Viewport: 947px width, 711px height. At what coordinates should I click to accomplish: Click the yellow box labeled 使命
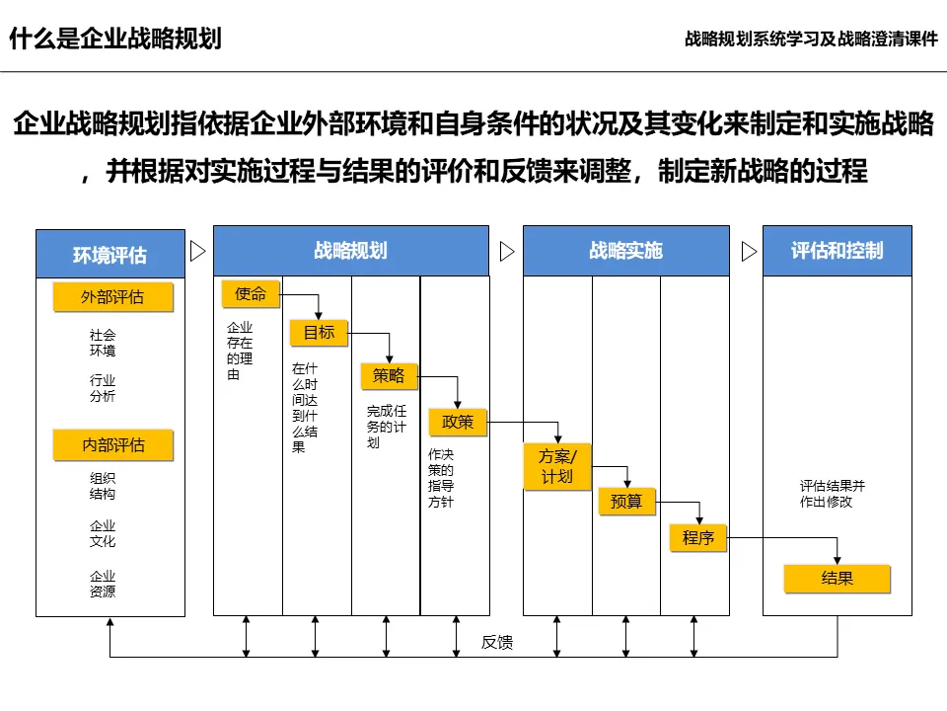[251, 293]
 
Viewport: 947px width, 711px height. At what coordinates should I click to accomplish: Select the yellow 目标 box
[319, 333]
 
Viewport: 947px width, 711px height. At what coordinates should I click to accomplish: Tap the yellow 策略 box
[389, 375]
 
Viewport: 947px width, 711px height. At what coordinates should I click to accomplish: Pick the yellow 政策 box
[458, 422]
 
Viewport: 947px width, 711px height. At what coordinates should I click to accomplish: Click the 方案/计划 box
[556, 465]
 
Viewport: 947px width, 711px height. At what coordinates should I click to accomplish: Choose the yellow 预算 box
[626, 502]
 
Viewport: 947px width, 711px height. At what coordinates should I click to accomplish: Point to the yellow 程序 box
[698, 538]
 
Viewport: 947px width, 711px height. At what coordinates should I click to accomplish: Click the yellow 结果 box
[837, 579]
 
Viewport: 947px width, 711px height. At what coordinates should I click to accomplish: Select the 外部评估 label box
[112, 296]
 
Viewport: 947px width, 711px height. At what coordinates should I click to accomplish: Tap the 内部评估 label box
[112, 445]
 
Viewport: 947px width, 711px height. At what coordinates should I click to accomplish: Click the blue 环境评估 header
[110, 255]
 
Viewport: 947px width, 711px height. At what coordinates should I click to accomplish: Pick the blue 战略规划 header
[350, 251]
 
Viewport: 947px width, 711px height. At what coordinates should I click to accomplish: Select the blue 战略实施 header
[625, 251]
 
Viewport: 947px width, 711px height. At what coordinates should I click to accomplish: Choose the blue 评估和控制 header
[837, 251]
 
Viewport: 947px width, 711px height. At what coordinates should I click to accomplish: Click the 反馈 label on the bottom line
[497, 643]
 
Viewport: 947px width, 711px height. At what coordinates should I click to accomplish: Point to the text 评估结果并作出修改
[832, 494]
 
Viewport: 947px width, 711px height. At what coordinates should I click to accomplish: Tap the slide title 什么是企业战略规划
[115, 39]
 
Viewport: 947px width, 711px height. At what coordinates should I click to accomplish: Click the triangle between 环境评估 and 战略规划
[197, 251]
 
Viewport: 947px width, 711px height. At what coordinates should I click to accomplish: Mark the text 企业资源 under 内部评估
[103, 584]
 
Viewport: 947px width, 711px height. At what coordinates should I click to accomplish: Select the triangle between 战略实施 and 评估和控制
[749, 251]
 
